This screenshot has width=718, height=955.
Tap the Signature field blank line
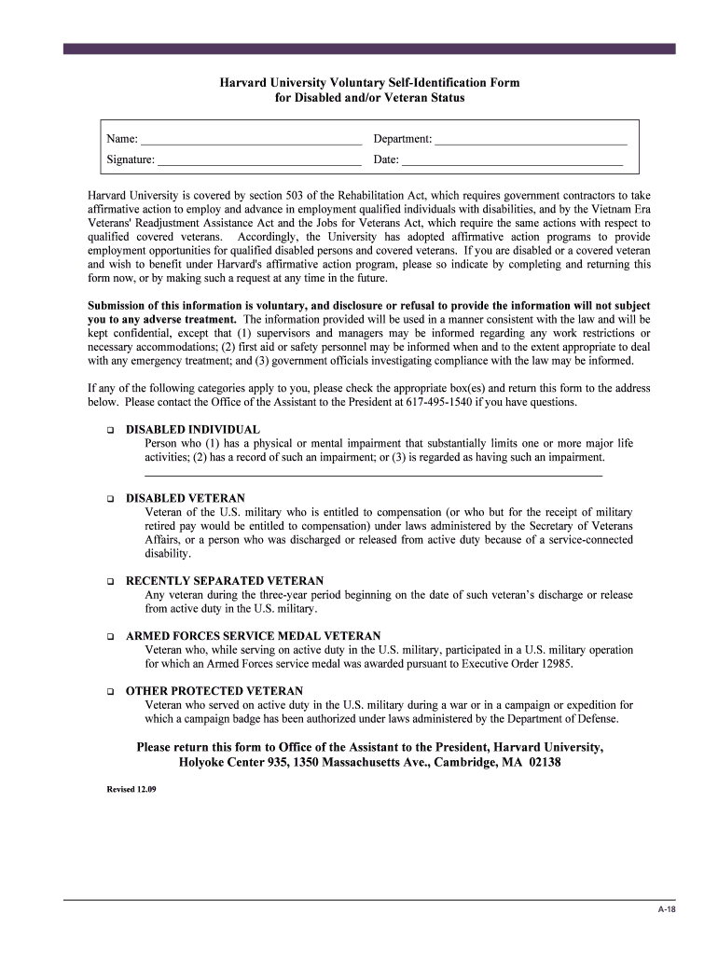[x=259, y=161]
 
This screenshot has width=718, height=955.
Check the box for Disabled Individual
[x=108, y=431]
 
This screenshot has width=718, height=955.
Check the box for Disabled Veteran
[x=108, y=500]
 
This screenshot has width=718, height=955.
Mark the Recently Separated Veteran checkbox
[x=108, y=582]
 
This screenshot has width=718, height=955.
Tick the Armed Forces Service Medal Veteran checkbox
[x=108, y=637]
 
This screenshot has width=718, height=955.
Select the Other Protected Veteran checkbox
[x=108, y=692]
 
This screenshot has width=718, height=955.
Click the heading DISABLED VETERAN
[x=186, y=499]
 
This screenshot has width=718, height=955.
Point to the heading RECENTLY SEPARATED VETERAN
[x=225, y=581]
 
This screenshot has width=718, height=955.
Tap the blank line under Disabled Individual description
[x=373, y=476]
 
